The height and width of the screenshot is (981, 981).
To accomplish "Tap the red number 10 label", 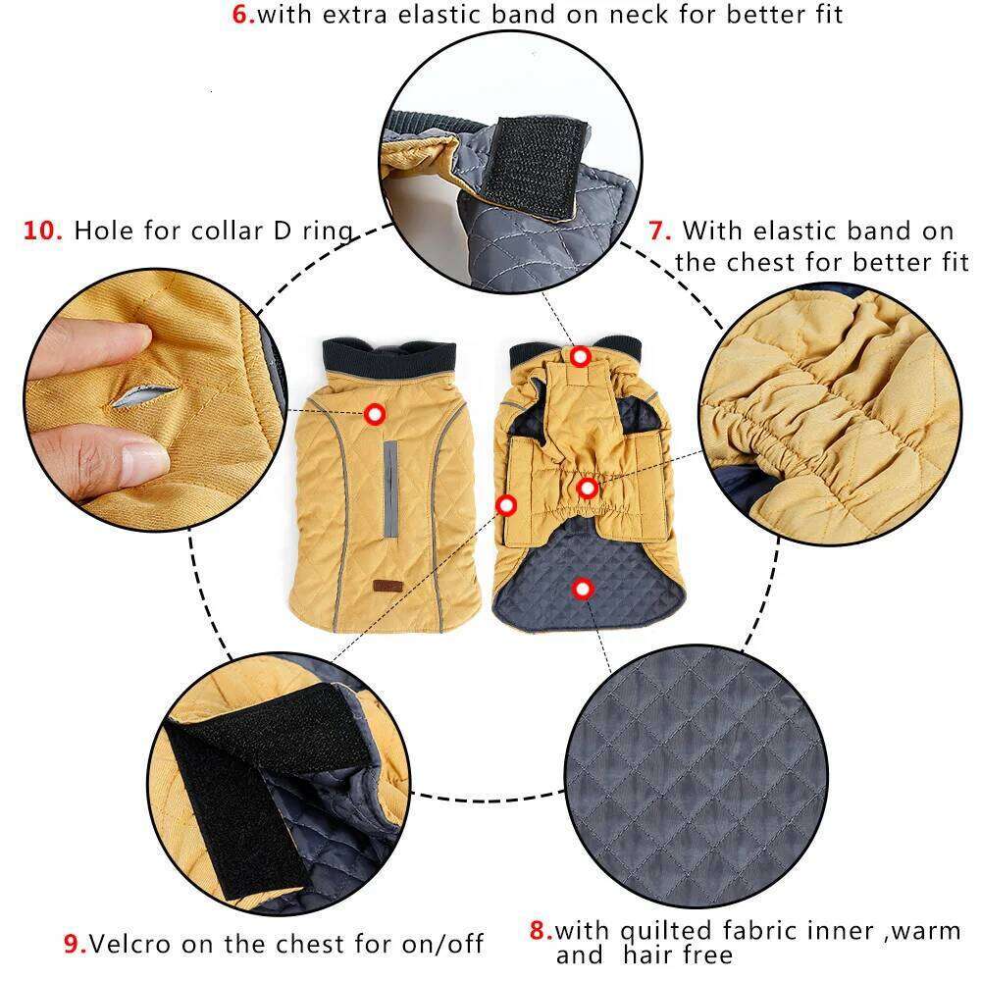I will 44,232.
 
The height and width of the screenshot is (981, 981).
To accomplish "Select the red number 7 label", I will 660,232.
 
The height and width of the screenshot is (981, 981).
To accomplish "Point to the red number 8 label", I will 541,930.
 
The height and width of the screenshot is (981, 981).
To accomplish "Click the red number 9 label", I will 76,944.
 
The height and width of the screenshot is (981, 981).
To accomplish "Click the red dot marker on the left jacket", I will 374,414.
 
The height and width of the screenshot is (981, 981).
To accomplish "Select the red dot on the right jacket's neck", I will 581,356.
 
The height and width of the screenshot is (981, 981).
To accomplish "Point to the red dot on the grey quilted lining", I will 583,588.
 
